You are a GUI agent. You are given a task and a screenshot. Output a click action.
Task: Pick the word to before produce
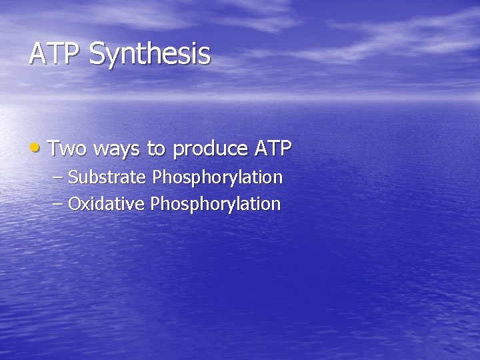157,149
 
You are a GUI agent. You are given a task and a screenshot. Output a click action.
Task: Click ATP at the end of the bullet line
273,148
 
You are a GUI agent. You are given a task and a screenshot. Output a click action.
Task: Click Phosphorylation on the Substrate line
218,178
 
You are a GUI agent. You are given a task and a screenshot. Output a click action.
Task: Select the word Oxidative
107,203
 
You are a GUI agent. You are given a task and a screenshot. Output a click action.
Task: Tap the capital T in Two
54,147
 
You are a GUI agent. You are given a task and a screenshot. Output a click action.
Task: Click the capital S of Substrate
73,177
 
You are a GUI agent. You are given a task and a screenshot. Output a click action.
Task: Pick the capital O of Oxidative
73,203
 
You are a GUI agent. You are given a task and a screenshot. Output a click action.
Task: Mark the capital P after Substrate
157,177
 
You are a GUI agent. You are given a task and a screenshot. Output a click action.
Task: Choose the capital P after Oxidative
155,203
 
